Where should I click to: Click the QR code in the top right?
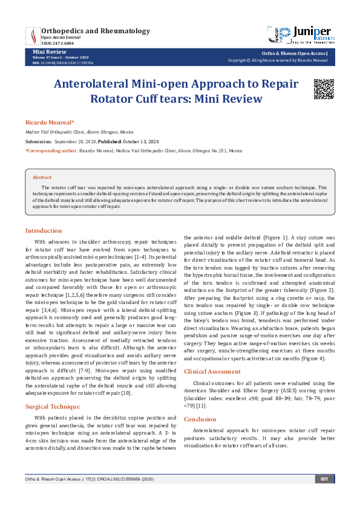(323, 89)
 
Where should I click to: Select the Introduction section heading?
(43, 230)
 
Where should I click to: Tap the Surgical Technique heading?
(52, 389)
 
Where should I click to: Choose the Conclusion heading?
(200, 402)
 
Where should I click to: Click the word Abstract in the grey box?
(42, 177)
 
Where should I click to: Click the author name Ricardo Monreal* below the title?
(50, 122)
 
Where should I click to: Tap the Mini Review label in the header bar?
(44, 53)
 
